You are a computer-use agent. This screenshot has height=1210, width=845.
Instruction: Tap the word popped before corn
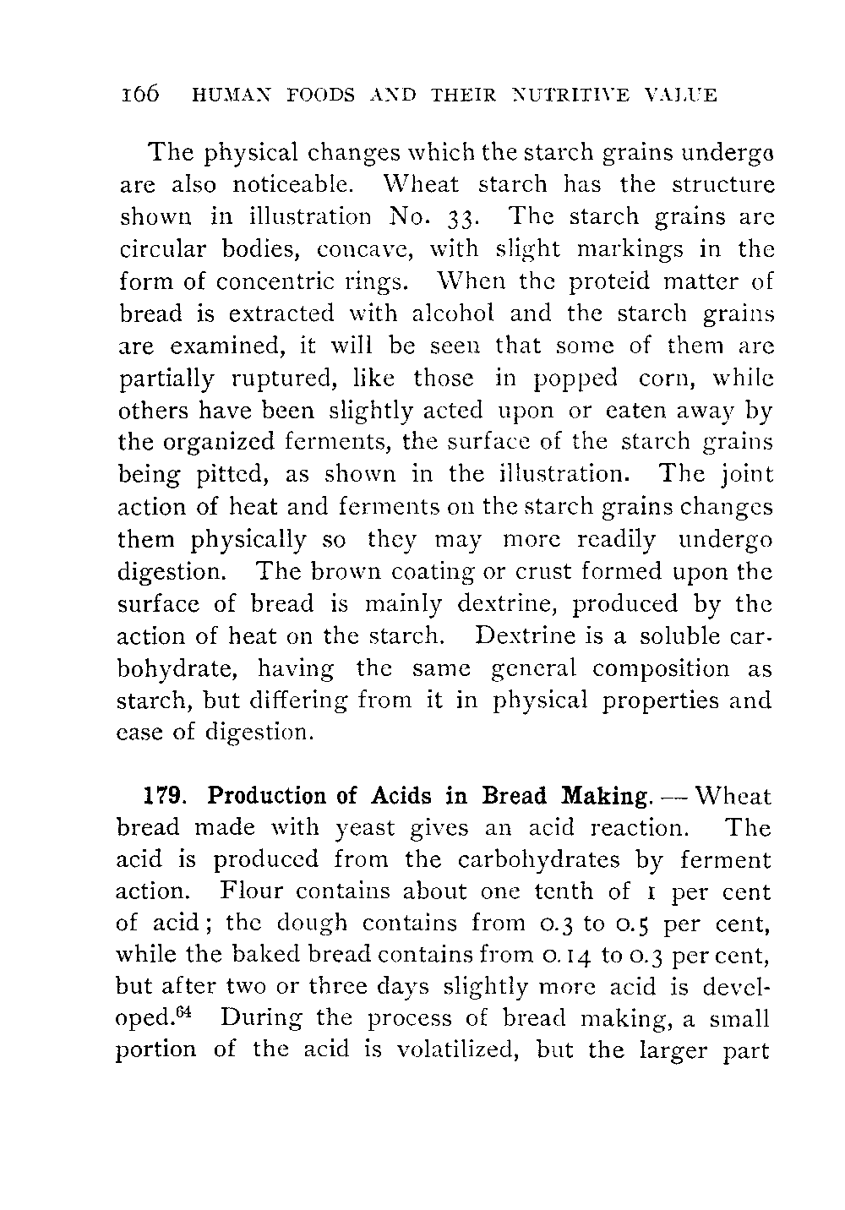578,378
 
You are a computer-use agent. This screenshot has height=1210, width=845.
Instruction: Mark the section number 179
159,797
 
